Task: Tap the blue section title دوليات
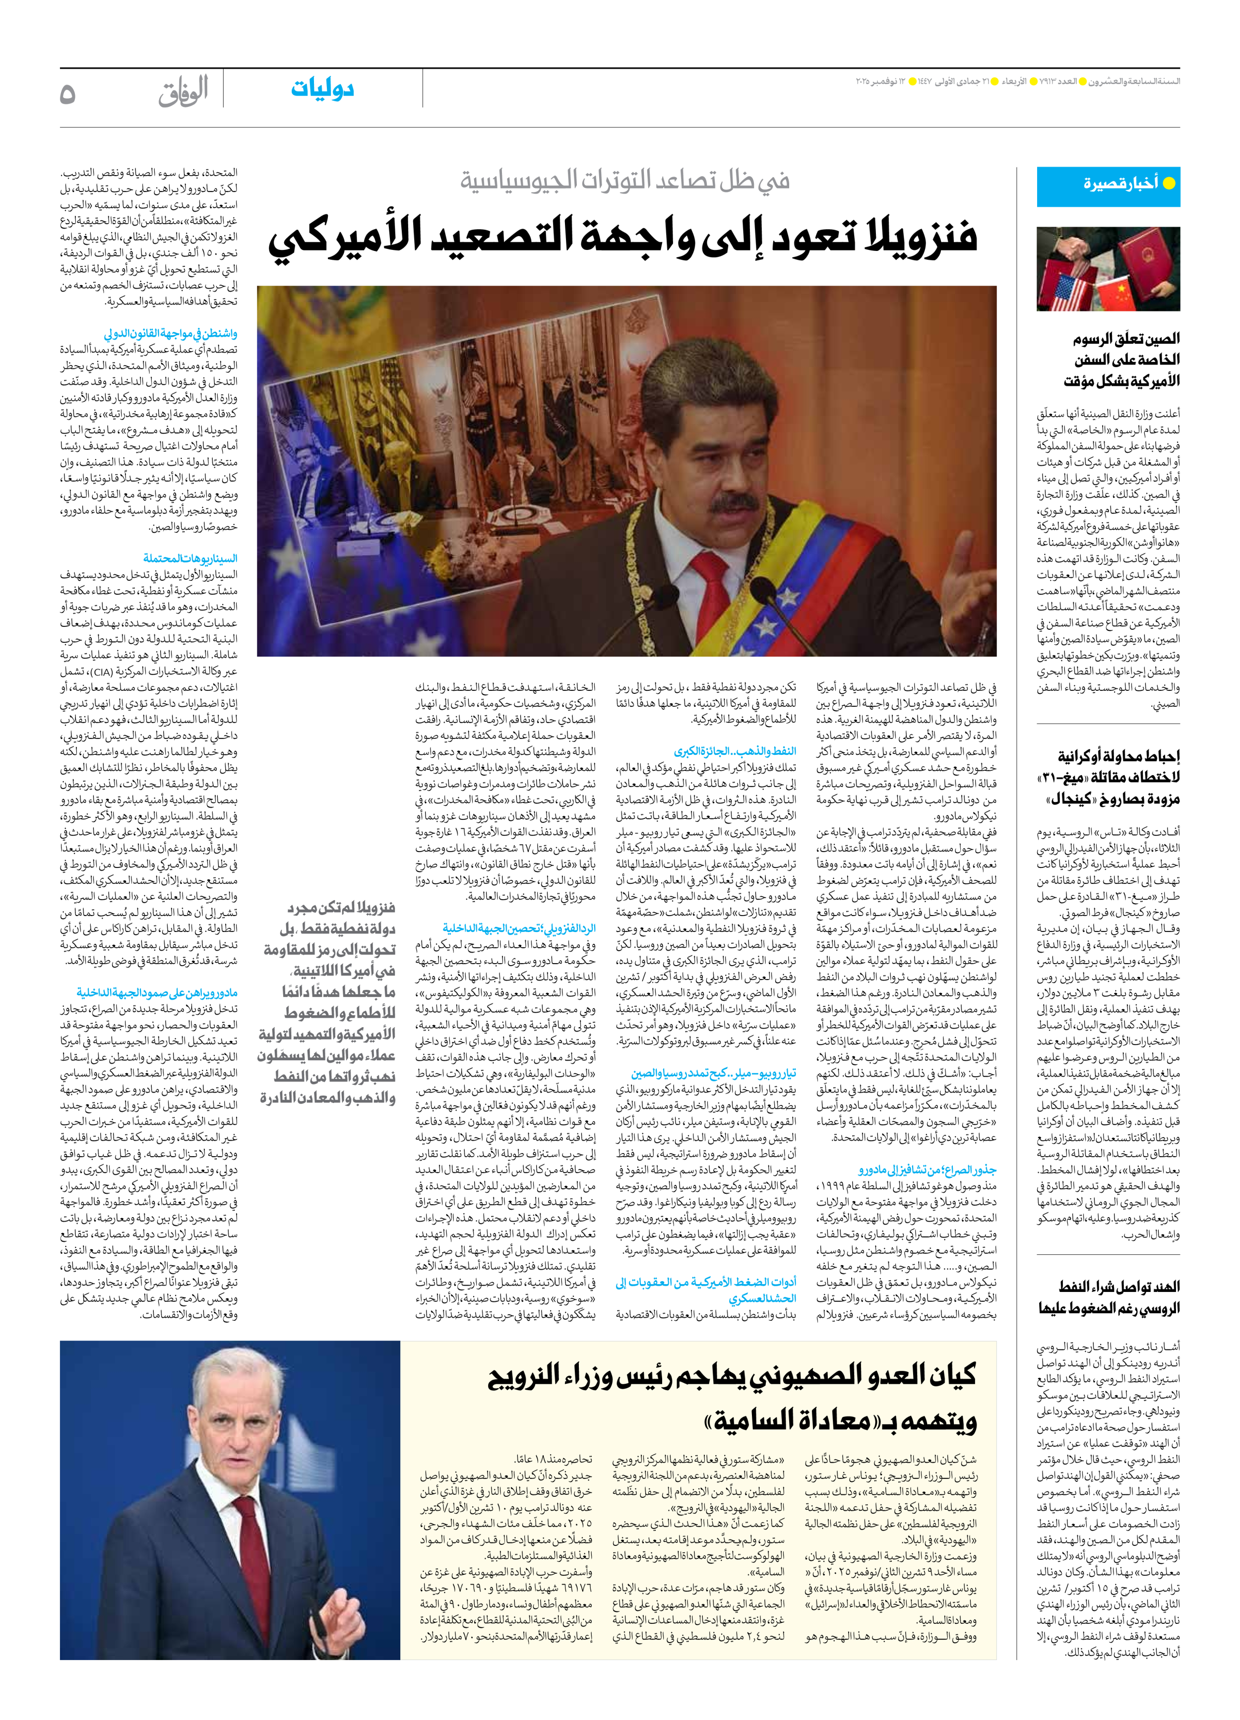point(322,89)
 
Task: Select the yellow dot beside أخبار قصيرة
point(1169,183)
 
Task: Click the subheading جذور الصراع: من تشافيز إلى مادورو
point(927,1170)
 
